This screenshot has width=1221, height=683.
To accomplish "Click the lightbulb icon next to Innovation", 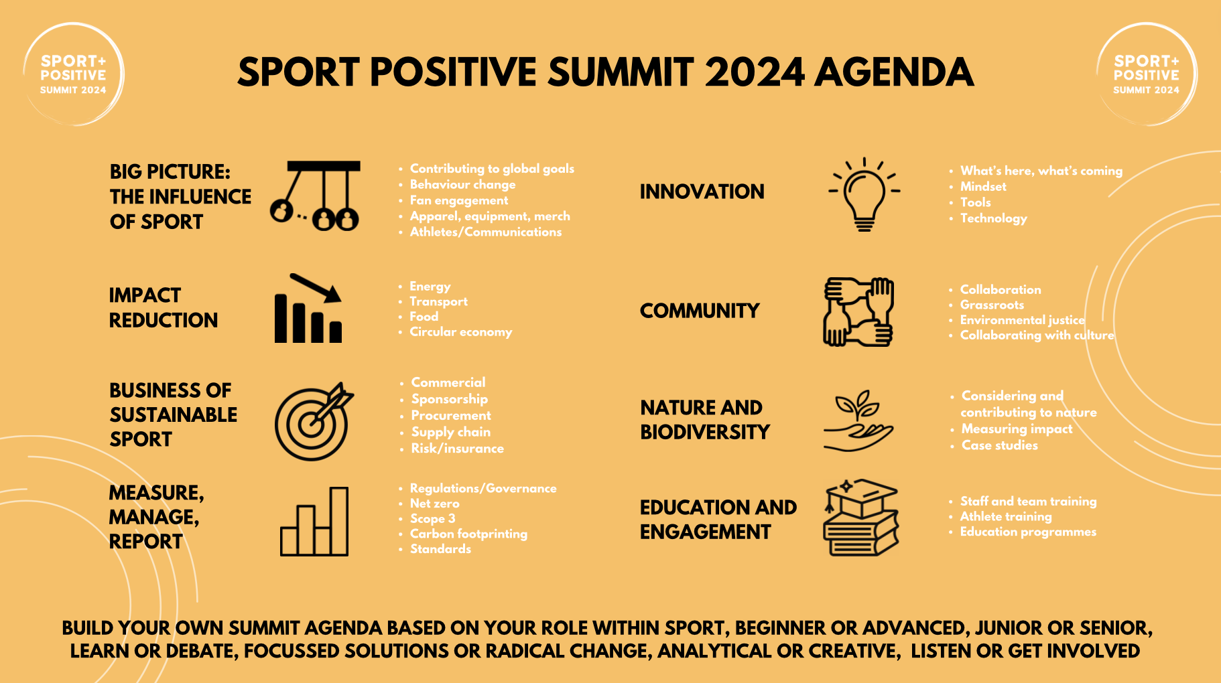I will point(864,195).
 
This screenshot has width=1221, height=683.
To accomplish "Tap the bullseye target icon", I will point(313,422).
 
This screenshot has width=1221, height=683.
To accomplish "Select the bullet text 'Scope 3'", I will point(432,519).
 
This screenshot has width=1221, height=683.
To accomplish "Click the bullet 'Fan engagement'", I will point(458,200).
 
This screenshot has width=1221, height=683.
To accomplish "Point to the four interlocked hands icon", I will point(858,312).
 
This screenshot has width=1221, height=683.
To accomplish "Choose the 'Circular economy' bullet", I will point(460,332).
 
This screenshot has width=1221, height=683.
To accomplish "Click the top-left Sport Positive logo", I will point(73,74).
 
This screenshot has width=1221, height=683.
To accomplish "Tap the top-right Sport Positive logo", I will point(1146,74).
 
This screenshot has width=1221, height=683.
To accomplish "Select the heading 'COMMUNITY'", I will point(699,311).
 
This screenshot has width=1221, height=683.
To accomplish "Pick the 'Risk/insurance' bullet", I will point(457,449).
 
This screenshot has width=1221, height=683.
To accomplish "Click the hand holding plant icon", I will point(858,422).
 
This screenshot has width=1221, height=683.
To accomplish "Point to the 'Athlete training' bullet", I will point(1005,516).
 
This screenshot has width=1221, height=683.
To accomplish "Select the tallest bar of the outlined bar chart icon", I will point(339,521).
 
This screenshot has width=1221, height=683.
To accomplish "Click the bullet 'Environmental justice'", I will point(1022,320).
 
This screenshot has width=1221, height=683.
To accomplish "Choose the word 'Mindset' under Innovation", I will point(983,187).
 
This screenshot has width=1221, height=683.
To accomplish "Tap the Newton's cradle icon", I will point(315,196).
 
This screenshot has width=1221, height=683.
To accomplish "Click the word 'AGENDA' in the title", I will point(894,72).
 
